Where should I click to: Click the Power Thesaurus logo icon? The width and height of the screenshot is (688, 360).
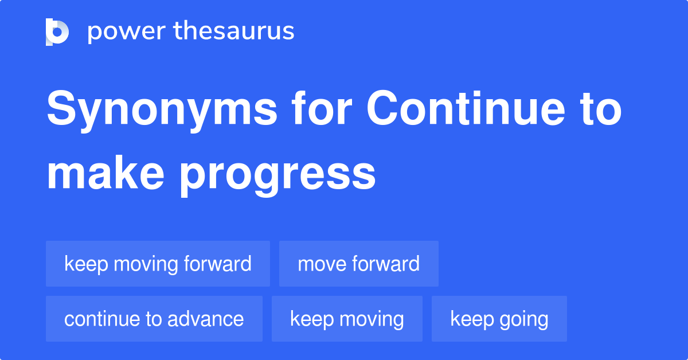pos(57,32)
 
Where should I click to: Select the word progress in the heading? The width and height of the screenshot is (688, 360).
pos(277,175)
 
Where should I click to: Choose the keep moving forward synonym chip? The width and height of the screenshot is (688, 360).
pos(158,264)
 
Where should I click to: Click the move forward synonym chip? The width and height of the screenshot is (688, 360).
pos(358,264)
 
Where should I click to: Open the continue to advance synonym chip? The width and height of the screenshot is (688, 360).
pos(154,319)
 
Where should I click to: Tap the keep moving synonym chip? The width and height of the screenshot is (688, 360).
pos(347,319)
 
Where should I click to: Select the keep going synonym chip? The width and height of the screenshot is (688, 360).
pos(499,319)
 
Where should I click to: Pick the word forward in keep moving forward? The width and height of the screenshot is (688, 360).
pos(217,264)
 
